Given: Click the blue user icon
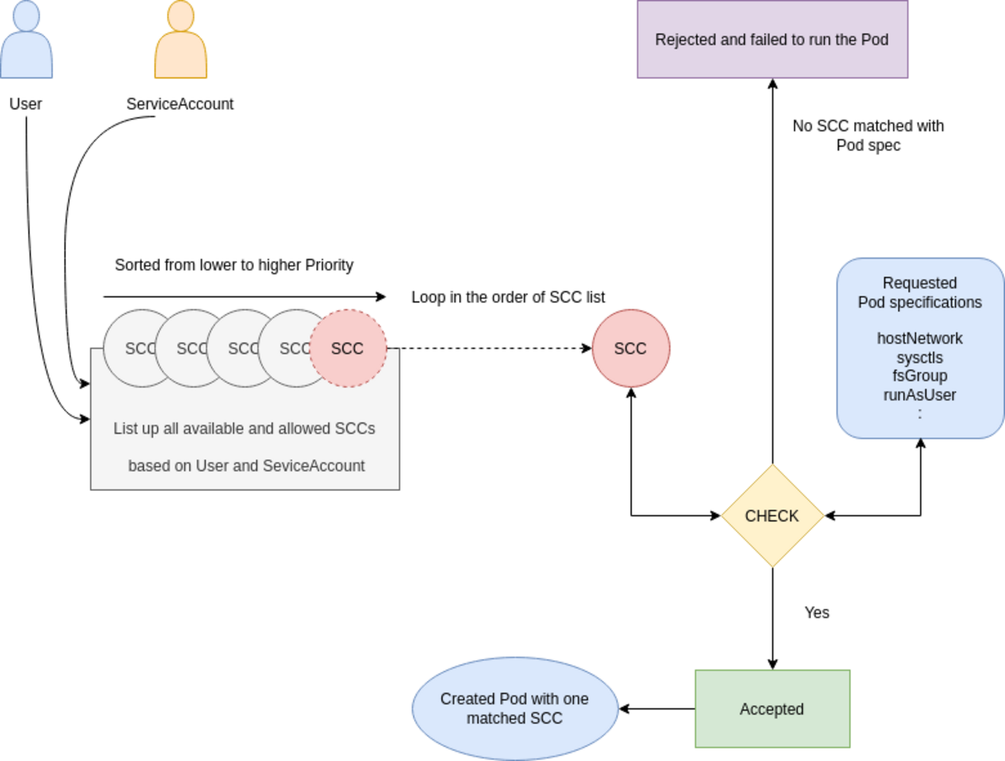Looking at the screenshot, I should pos(27,43).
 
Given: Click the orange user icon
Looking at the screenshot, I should pos(180,43).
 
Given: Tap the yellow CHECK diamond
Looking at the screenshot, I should pos(772,516).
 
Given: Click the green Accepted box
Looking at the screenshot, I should pos(772,709).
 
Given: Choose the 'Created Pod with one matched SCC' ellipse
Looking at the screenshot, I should pos(514,708).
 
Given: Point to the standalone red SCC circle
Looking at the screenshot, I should pos(631,349).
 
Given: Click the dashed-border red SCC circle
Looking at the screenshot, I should pos(349,349).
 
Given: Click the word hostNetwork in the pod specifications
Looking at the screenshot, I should pos(919,339).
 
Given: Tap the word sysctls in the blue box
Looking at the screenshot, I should pos(919,358).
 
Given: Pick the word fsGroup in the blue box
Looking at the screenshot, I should pos(919,376).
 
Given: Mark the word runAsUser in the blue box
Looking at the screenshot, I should pos(919,395).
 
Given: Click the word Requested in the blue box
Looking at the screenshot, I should pos(919,283).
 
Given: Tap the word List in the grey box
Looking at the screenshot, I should pos(124,428).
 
